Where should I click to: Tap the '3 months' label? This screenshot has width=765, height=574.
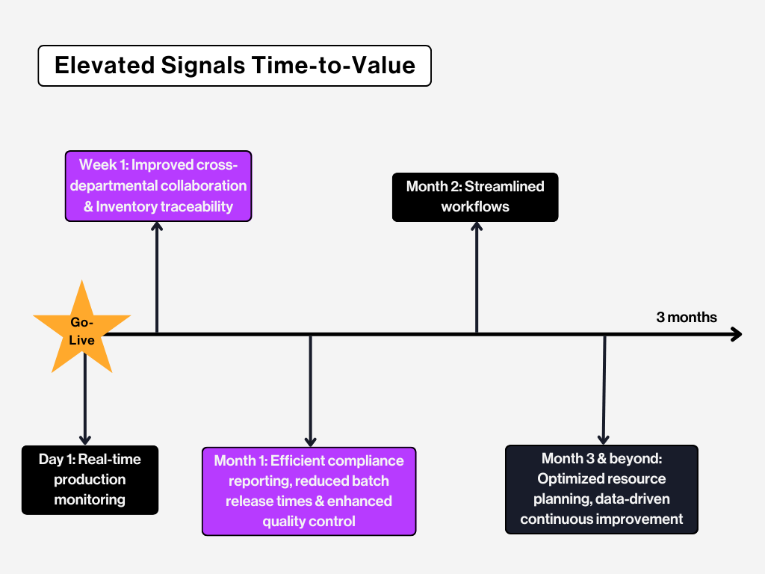(686, 317)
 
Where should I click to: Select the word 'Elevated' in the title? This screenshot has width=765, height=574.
(103, 66)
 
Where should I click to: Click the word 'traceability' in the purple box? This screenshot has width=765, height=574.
(196, 206)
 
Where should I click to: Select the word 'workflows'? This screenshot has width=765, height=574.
(475, 206)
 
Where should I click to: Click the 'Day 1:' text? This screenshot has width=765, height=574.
(57, 459)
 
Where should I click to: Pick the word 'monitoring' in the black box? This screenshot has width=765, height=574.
(90, 499)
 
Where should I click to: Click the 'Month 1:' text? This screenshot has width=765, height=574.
(240, 460)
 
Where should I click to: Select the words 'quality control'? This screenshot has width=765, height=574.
(309, 521)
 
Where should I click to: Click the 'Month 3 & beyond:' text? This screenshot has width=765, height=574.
(601, 458)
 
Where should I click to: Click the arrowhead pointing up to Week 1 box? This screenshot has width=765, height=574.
(157, 228)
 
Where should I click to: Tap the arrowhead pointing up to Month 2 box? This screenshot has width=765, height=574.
(476, 227)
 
